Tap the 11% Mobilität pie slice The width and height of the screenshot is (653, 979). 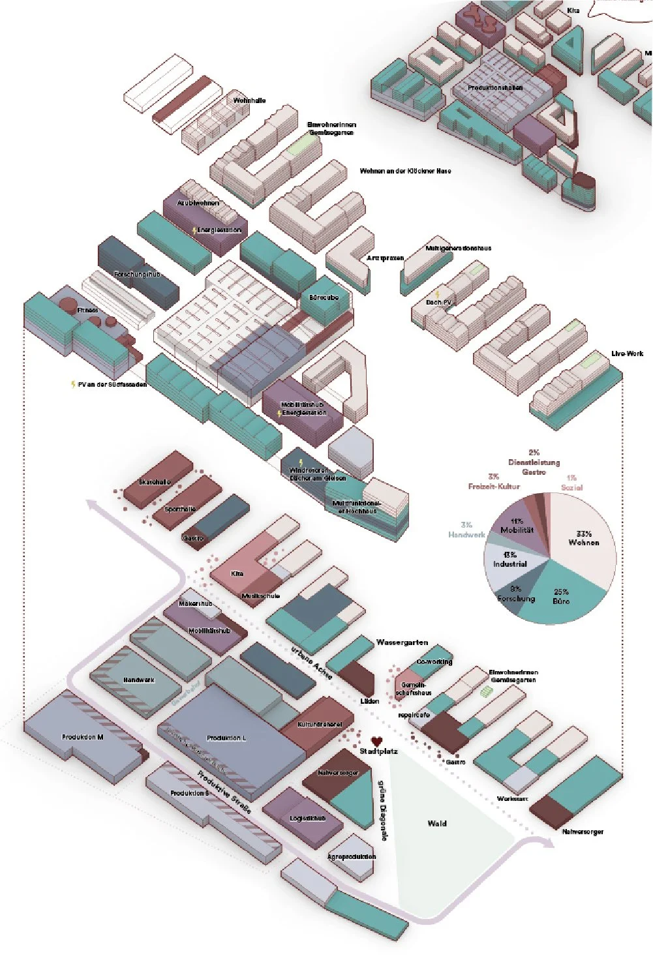[x=517, y=525]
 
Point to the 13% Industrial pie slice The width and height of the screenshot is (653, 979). [x=509, y=560]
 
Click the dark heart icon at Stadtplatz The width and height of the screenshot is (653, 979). [x=376, y=741]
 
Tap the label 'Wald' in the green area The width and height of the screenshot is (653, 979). [x=437, y=823]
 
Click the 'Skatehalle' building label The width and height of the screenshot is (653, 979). [x=155, y=482]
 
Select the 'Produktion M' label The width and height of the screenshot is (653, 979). [x=83, y=737]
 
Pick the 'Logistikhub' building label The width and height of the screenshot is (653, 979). [x=307, y=818]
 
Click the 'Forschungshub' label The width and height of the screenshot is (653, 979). [x=137, y=275]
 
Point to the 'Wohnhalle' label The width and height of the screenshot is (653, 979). [x=249, y=100]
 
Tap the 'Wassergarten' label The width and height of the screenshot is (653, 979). [x=402, y=642]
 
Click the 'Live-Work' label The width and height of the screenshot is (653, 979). [x=627, y=354]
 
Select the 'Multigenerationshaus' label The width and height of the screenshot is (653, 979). [x=458, y=248]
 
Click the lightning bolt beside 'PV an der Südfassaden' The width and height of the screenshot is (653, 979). [x=73, y=385]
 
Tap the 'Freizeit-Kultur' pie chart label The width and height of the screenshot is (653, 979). [x=494, y=486]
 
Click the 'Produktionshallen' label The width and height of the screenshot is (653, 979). [x=495, y=87]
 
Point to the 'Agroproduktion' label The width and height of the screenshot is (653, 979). [x=352, y=856]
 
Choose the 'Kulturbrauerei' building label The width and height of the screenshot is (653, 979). [x=319, y=725]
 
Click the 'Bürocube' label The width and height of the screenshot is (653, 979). [x=324, y=297]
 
